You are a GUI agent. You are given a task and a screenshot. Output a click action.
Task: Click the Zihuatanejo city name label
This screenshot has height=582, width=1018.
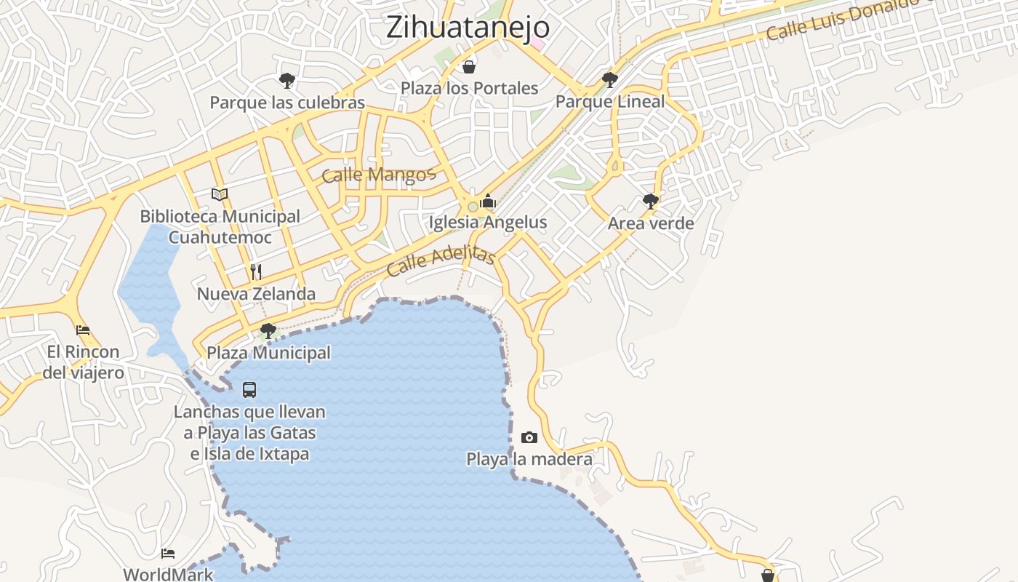pyautogui.click(x=468, y=28)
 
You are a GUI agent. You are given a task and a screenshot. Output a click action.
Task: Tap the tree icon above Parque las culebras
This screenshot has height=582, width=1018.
pyautogui.click(x=287, y=80)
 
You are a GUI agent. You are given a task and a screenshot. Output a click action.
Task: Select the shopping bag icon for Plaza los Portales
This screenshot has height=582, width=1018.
pyautogui.click(x=469, y=67)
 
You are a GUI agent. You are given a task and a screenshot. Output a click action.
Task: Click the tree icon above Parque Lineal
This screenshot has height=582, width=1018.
pyautogui.click(x=610, y=79)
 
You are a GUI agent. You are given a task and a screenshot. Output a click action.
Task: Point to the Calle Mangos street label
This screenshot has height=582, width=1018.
pyautogui.click(x=378, y=175)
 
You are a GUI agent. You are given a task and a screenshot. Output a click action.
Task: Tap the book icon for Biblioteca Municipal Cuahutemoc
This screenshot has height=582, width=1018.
pyautogui.click(x=220, y=194)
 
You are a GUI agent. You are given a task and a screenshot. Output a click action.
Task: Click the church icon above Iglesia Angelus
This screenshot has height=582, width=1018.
pyautogui.click(x=488, y=201)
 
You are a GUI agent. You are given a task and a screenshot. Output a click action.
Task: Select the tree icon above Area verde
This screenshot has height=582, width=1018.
pyautogui.click(x=651, y=202)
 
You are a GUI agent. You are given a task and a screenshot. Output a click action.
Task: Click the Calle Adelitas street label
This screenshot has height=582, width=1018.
pyautogui.click(x=441, y=261)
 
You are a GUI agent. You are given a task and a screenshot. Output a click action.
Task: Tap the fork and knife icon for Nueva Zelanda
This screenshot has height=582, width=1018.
pyautogui.click(x=256, y=272)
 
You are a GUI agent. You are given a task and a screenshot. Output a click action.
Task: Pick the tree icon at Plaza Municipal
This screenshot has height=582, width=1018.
pyautogui.click(x=268, y=331)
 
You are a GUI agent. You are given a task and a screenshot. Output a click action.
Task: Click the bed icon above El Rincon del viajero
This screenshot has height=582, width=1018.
pyautogui.click(x=83, y=330)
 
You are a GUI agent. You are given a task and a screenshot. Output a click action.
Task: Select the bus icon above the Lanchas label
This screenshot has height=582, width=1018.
pyautogui.click(x=249, y=390)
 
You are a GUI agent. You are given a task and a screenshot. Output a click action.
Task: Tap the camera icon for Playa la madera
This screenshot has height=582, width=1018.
pyautogui.click(x=529, y=437)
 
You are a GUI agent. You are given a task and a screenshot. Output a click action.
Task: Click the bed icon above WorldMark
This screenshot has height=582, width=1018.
pyautogui.click(x=169, y=554)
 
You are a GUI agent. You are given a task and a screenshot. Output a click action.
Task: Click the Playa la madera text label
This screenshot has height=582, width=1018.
pyautogui.click(x=529, y=459)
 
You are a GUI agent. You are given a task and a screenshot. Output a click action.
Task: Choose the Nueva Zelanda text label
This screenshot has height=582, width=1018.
pyautogui.click(x=256, y=294)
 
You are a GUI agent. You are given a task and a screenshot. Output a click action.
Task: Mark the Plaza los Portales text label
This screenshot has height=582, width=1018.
pyautogui.click(x=470, y=88)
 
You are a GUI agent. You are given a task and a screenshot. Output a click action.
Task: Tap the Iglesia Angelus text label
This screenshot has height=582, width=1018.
pyautogui.click(x=488, y=223)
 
